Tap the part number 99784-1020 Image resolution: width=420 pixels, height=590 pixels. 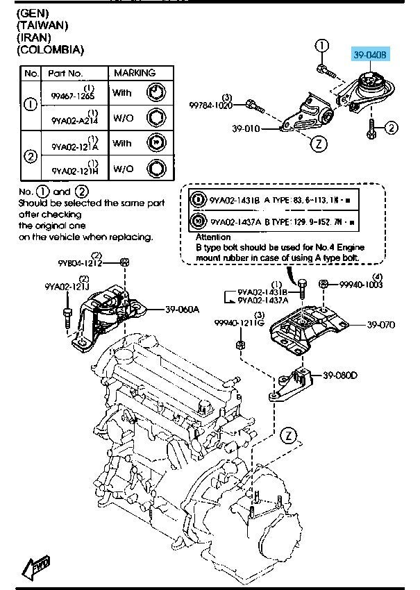[x=212, y=106]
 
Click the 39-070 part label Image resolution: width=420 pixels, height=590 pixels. [x=380, y=324]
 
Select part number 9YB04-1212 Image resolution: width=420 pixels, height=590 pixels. [x=80, y=263]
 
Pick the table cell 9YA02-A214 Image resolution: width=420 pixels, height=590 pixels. [x=74, y=119]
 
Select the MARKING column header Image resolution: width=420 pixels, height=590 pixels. [x=135, y=73]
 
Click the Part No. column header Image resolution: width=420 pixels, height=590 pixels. [x=65, y=73]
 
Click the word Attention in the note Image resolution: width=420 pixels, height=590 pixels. [x=213, y=237]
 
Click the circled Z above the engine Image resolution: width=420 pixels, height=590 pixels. [x=289, y=436]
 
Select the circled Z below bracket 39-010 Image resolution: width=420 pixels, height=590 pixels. [x=316, y=145]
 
